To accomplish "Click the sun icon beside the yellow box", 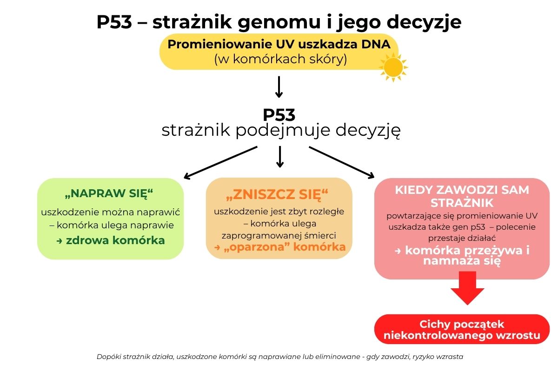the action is coord(393,67).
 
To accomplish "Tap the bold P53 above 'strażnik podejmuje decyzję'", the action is coord(279,115).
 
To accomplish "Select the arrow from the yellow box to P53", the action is coord(279,87).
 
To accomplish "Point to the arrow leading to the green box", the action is coord(220,163).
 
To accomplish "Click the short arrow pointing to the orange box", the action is coord(280,157).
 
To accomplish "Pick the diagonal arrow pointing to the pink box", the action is coord(341,162).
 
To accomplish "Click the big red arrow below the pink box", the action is coord(467,288).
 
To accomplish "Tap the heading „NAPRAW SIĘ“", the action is coord(109,193).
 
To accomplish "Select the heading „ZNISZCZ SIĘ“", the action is coord(277,194).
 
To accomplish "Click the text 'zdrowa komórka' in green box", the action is coord(115,240).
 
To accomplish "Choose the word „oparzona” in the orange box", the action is coord(257,247).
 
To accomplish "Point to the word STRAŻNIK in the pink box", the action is coord(462,203).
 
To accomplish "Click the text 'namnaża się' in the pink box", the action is coord(462,261).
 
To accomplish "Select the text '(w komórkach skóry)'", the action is coord(280,60).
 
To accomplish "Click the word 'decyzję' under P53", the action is coord(368,130).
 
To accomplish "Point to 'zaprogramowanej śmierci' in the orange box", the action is coord(279,235).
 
